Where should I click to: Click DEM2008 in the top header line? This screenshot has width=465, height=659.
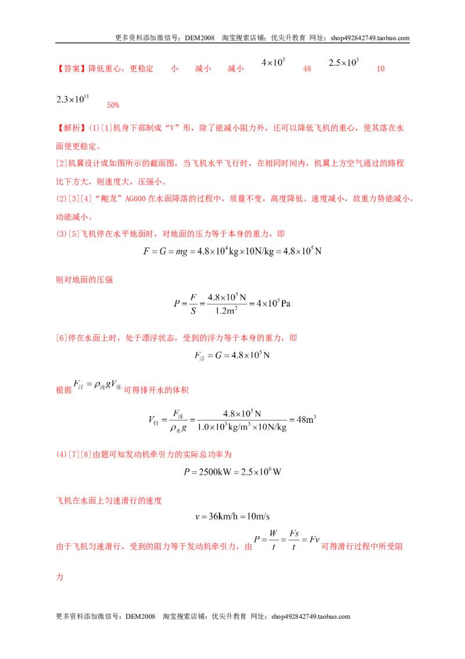point(199,38)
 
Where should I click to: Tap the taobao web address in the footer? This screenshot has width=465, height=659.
point(310,617)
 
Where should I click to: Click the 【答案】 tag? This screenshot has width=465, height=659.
point(71,69)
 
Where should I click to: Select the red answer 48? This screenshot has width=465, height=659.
point(307,69)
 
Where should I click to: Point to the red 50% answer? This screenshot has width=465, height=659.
point(113,105)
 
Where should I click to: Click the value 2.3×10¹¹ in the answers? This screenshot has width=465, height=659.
point(73,99)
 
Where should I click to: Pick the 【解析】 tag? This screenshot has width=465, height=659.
point(71,127)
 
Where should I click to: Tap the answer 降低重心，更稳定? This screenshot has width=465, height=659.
point(121,69)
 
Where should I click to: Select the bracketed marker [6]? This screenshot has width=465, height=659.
point(62,338)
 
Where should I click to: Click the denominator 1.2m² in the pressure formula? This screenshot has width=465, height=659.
point(226,311)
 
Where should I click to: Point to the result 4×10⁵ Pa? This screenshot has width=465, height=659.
point(273,303)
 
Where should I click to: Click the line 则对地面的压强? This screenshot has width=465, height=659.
point(84,280)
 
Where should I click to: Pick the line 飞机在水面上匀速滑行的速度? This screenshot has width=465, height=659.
point(109,501)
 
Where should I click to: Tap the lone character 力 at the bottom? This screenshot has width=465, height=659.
point(60,576)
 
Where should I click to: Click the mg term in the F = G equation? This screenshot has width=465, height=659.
point(181,251)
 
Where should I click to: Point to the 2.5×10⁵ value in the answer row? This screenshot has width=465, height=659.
point(344,62)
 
